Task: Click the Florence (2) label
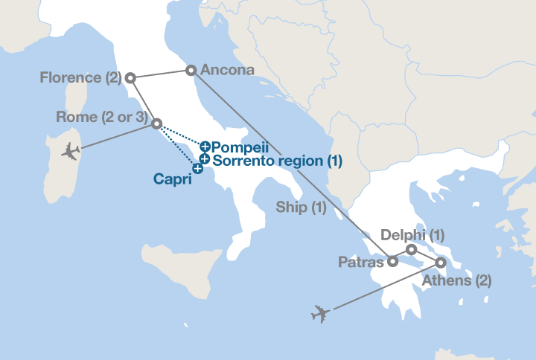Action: click(81, 77)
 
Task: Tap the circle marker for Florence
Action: click(130, 77)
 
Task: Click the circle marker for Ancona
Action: click(191, 70)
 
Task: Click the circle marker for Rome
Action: click(156, 123)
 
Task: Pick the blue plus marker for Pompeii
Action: click(205, 147)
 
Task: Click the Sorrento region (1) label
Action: click(277, 160)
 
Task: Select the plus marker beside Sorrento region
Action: click(204, 158)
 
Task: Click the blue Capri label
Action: click(171, 179)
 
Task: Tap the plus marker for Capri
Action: click(197, 169)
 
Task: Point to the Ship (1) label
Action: click(301, 208)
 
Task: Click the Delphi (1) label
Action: click(412, 235)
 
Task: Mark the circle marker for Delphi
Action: click(411, 249)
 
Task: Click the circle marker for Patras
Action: click(392, 261)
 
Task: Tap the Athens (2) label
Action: click(456, 280)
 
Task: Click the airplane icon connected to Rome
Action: click(70, 152)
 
